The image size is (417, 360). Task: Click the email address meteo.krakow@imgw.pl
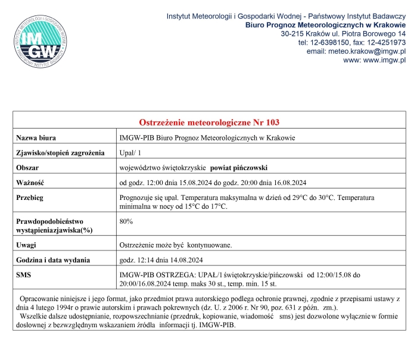click(356, 52)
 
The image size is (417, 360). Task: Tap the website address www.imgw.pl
click(375, 61)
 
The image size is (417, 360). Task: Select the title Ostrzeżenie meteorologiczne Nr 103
click(208, 123)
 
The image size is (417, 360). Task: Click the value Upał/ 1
click(132, 153)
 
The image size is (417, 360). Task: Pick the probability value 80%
click(126, 221)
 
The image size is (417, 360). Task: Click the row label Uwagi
click(27, 245)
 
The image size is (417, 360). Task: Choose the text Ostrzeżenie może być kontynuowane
click(175, 245)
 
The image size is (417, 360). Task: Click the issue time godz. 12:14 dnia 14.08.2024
click(161, 260)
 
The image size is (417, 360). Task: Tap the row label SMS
click(24, 275)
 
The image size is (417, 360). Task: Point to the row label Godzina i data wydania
click(53, 260)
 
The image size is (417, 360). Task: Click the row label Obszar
click(29, 168)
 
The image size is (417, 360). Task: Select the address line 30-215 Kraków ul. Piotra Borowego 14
click(343, 34)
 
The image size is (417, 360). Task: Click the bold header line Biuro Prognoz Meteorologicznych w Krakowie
click(325, 25)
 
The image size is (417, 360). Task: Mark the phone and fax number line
click(351, 43)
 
